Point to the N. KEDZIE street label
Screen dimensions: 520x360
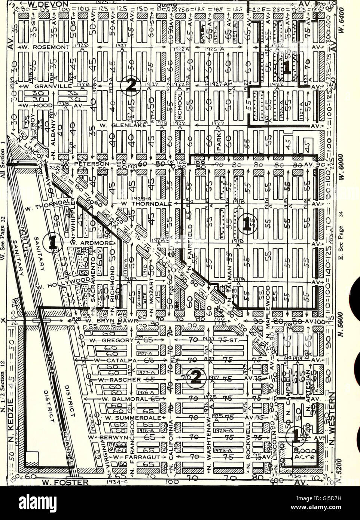11,419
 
